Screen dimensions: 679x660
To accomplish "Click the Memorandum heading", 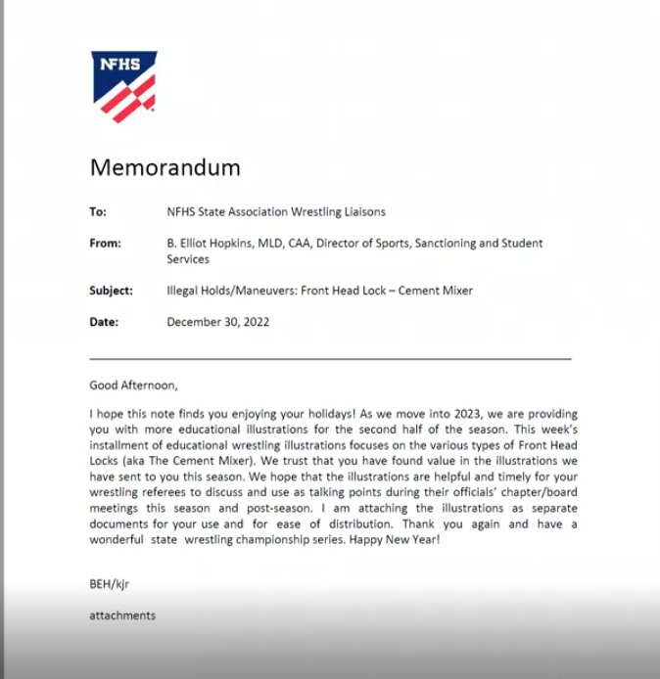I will [165, 167].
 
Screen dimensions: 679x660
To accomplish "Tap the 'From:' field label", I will [105, 244].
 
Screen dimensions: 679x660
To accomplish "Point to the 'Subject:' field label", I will [111, 291].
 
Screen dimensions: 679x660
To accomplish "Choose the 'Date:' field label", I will [104, 321].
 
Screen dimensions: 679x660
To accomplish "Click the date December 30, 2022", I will [218, 321].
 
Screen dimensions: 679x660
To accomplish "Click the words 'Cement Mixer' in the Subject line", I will [435, 291].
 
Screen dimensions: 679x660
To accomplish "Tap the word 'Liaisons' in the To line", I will [360, 211].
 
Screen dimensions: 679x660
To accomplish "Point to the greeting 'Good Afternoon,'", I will [135, 385].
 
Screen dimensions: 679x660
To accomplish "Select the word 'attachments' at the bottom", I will [122, 615].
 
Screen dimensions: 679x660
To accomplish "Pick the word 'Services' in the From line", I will [188, 259].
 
